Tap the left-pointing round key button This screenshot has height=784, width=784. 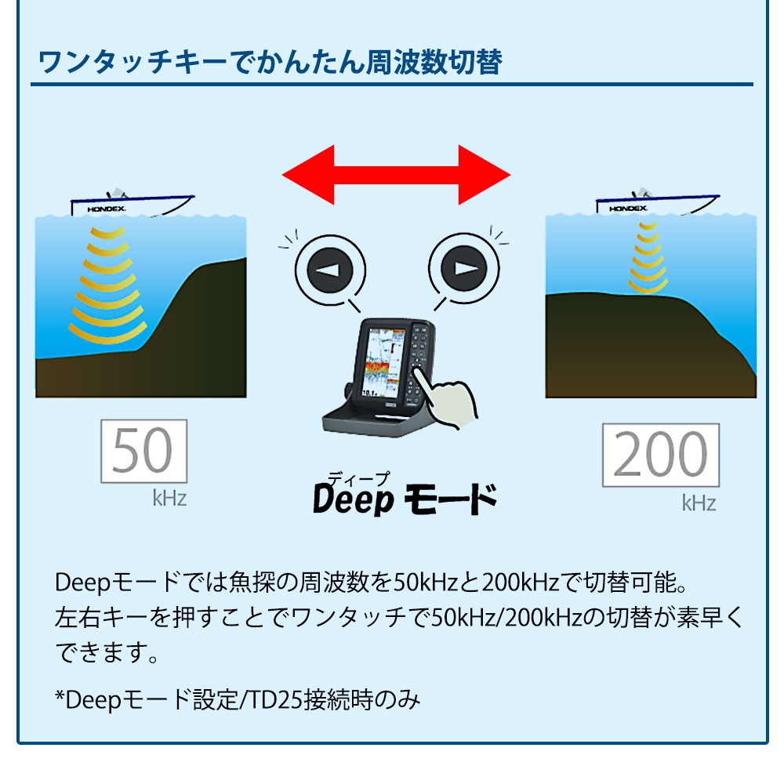(x=330, y=270)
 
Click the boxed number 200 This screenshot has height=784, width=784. (x=660, y=456)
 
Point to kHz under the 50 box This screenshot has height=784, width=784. (x=169, y=499)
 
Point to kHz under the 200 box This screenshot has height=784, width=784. (x=699, y=503)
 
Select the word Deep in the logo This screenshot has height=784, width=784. (x=352, y=499)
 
